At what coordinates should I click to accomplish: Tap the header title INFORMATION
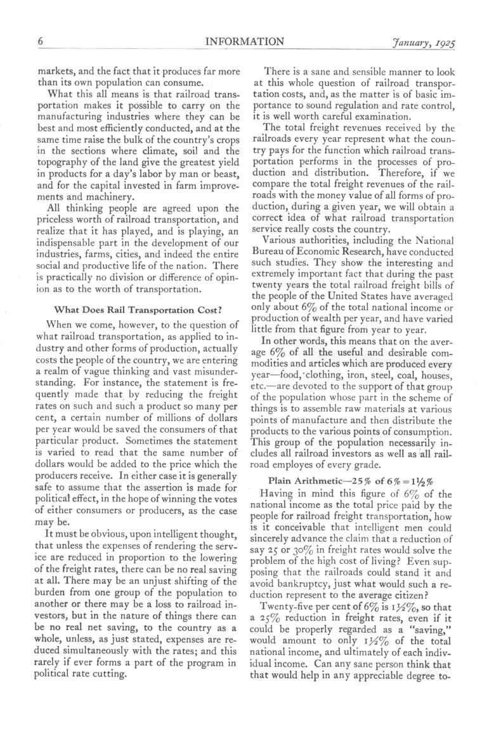[244, 42]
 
